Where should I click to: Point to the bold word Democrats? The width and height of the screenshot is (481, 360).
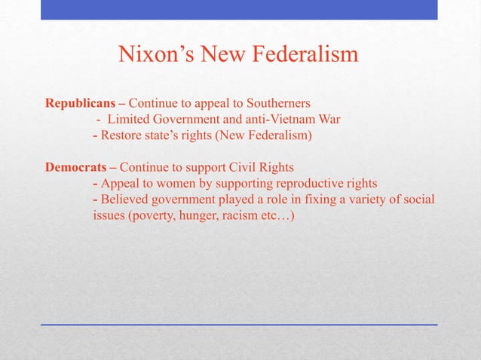pos(70,166)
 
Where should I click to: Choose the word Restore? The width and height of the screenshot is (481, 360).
pos(121,136)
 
